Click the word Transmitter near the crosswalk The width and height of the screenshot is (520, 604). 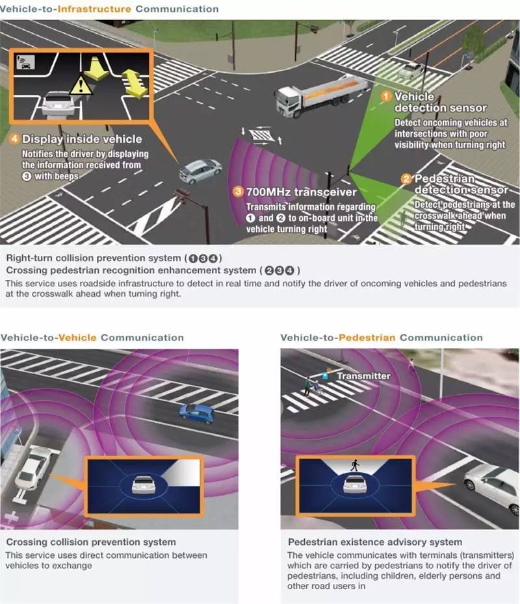363,376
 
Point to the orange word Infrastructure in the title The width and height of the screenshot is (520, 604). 94,9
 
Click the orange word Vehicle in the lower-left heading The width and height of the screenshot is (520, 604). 77,338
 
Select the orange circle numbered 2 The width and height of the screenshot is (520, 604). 406,179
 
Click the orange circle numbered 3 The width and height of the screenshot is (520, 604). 238,192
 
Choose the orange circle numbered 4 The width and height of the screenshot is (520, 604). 14,139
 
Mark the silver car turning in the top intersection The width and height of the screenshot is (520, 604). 201,170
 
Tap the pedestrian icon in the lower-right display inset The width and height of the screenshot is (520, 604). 355,465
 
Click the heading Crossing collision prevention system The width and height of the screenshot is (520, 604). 91,542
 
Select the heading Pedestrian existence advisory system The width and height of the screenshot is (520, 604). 375,542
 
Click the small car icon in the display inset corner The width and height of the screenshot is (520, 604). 25,62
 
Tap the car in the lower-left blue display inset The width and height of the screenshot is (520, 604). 144,484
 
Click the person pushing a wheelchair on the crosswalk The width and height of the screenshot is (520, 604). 308,386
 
